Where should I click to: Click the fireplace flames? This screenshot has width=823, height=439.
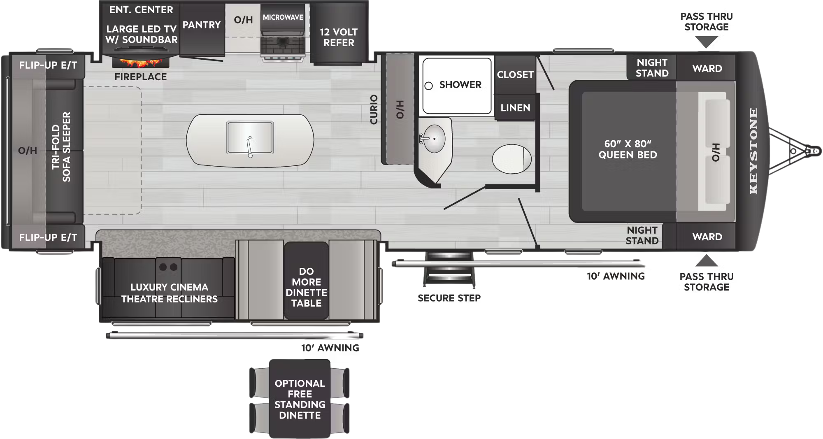[x=140, y=63]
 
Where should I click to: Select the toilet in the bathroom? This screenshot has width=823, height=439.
[x=511, y=159]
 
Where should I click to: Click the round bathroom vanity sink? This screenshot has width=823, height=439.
[x=434, y=139]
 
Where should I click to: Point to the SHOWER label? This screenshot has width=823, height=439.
[x=460, y=85]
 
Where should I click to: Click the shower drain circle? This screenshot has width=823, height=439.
[x=428, y=86]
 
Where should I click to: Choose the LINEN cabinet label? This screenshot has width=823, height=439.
[x=515, y=108]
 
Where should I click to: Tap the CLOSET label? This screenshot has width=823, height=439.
[x=515, y=75]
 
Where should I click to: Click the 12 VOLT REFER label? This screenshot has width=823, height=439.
[x=339, y=37]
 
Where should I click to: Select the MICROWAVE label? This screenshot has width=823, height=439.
[x=283, y=17]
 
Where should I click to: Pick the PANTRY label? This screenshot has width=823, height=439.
[x=202, y=25]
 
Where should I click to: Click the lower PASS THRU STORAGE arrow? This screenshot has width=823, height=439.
[x=707, y=260]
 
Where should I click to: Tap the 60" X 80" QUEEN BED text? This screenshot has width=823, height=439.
[x=628, y=149]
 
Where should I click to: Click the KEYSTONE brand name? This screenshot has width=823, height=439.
[x=753, y=151]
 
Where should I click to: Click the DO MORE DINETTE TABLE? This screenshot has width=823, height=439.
[x=306, y=287]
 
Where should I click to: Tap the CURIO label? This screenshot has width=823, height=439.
[x=374, y=109]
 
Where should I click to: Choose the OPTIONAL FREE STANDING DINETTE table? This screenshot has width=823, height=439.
[x=300, y=399]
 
